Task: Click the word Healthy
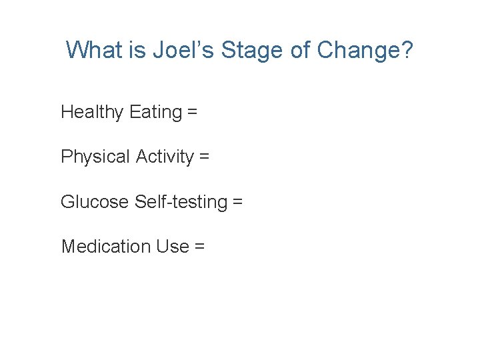click(x=92, y=112)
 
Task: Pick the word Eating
click(x=155, y=112)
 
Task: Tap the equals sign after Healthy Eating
click(x=192, y=113)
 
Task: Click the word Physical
click(x=95, y=157)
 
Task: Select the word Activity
click(x=164, y=157)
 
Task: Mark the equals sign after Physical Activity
click(x=204, y=158)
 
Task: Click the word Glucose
click(x=95, y=201)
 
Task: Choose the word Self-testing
click(x=181, y=201)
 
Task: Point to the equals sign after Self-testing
click(x=238, y=202)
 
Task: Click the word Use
click(x=173, y=246)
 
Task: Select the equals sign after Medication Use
click(x=199, y=247)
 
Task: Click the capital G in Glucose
click(x=67, y=201)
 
